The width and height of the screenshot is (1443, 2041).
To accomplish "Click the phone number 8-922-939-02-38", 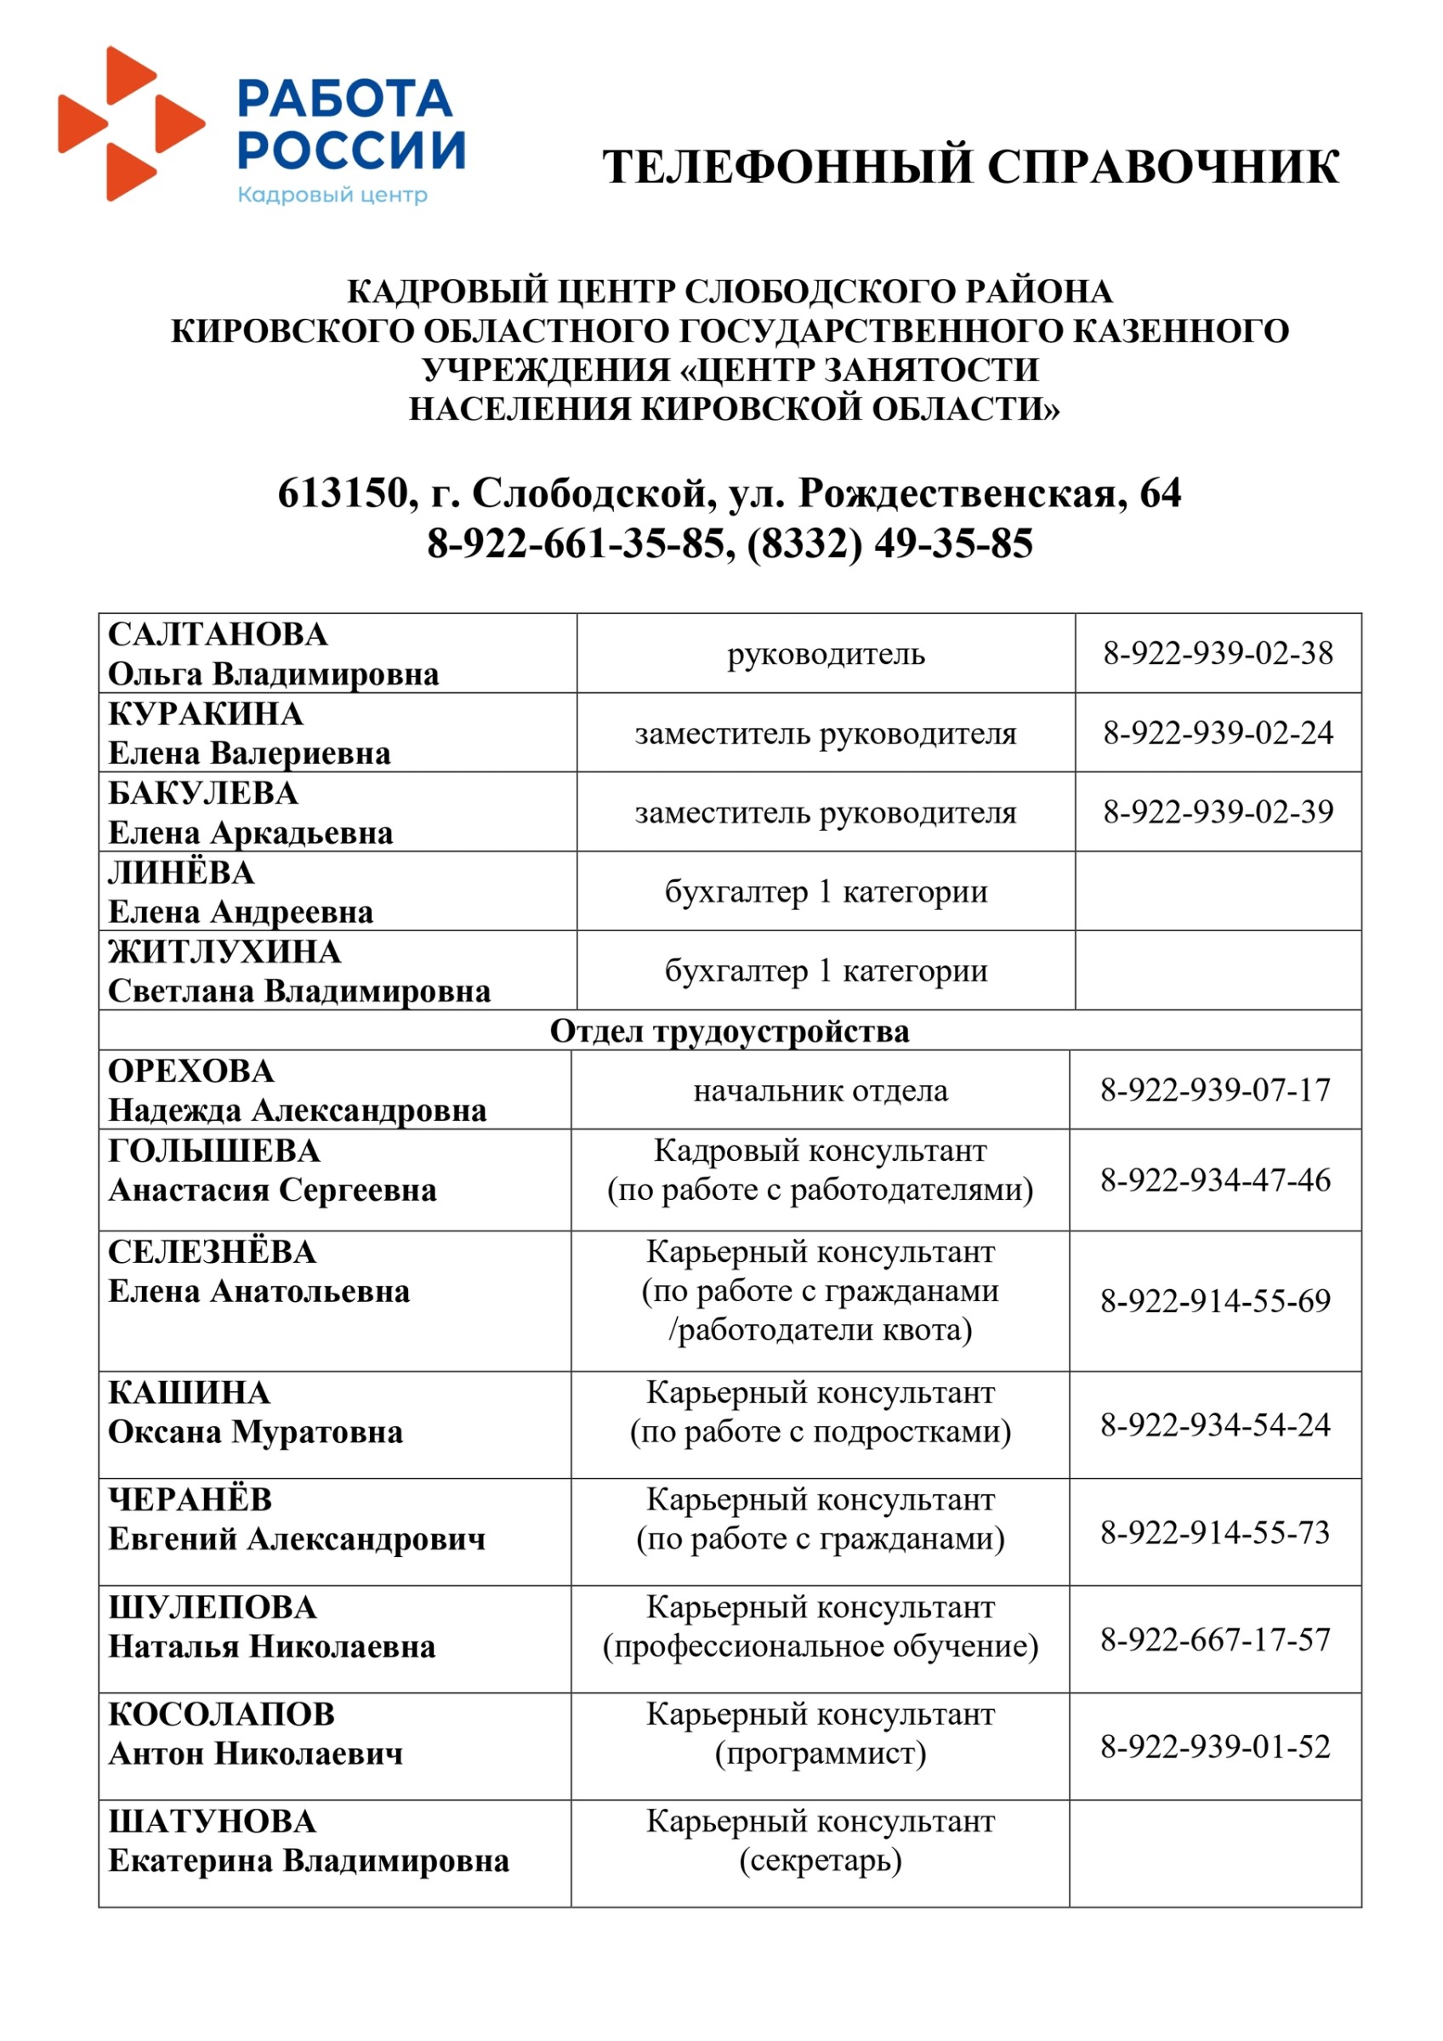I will coord(1217,653).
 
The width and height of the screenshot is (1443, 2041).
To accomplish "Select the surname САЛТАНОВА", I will coord(218,634).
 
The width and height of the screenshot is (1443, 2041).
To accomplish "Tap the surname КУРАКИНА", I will coord(206,713).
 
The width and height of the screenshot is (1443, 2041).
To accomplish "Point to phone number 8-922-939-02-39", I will coord(1217,811).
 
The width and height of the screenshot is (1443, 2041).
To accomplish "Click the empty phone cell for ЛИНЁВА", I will coord(1217,891).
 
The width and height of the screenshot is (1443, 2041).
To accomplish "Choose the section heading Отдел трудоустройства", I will coord(729,1032).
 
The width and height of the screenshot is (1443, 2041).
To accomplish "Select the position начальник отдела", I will coord(820,1091).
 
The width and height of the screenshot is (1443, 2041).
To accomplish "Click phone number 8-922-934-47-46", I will coord(1214,1180).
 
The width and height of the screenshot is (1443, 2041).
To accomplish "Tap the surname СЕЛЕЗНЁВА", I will coord(212,1253).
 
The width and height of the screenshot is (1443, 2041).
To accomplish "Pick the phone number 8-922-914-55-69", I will coord(1214,1301).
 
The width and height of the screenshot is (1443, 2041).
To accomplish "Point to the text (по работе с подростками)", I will coord(820,1432).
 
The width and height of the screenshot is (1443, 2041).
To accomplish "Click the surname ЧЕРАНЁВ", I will coord(190,1499).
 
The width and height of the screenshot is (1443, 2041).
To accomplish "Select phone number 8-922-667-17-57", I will coord(1214,1640).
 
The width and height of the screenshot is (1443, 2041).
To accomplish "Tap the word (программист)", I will coord(820,1754).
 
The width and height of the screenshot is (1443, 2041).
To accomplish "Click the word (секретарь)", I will coord(820,1861).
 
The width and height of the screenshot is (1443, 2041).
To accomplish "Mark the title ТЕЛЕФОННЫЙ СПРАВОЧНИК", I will coord(971,168).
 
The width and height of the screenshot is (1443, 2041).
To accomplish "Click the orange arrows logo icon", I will coord(132,123).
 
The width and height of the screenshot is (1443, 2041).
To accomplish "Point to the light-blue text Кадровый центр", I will coord(332,195).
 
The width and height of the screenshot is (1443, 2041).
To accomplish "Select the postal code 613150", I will coord(343,493).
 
